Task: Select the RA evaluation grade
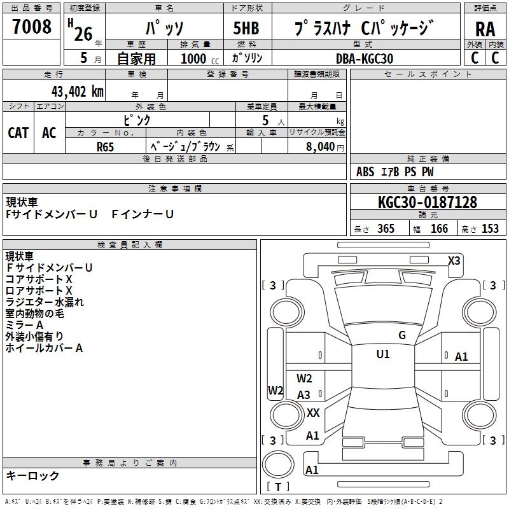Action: click(485, 29)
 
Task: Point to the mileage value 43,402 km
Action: click(72, 91)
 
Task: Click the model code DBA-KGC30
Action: click(365, 59)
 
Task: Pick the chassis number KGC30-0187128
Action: click(427, 202)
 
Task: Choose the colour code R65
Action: click(106, 146)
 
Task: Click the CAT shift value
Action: click(18, 132)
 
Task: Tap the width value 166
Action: click(439, 229)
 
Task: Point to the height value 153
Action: click(490, 229)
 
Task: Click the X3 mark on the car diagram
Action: click(454, 260)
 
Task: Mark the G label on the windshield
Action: click(402, 335)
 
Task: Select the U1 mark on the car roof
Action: click(383, 354)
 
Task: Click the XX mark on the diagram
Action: click(313, 412)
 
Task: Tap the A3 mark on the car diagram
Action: click(304, 395)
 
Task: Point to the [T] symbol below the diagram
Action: click(277, 487)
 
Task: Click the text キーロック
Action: click(33, 475)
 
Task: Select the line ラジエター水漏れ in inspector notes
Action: click(45, 302)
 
